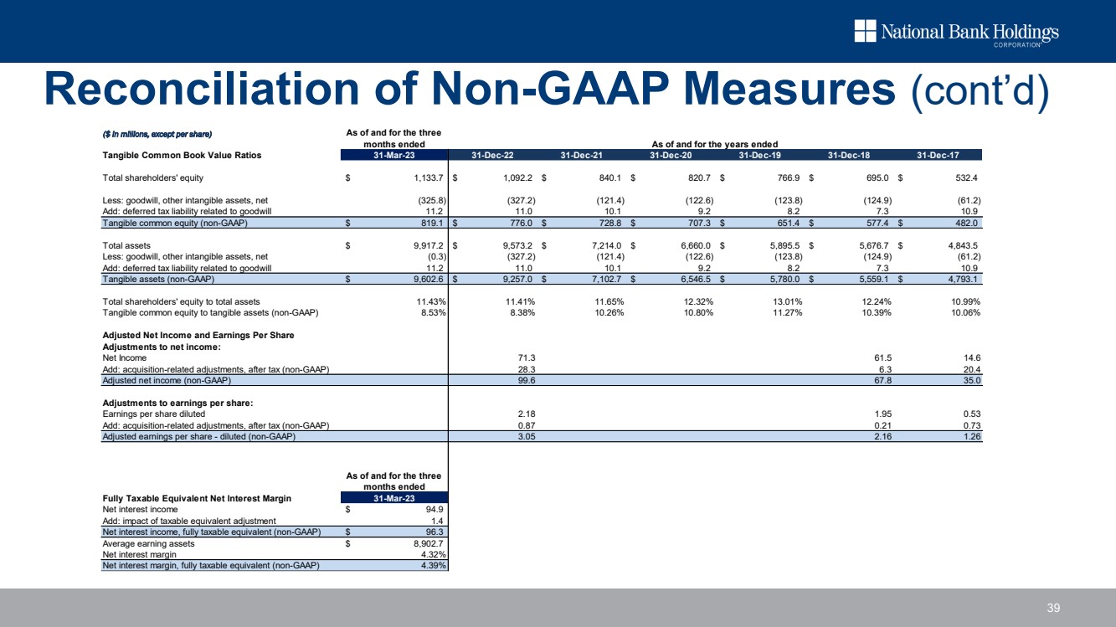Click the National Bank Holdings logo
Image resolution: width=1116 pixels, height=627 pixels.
point(956,33)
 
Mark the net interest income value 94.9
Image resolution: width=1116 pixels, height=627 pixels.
point(433,509)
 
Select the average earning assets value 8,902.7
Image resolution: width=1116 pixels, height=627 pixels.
point(424,543)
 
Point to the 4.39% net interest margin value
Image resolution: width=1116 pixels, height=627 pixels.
point(429,565)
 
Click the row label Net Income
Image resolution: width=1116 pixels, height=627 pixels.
point(124,357)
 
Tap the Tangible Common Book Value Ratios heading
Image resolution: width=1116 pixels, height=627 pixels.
point(182,155)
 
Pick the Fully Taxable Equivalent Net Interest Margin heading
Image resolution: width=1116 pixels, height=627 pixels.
point(197,498)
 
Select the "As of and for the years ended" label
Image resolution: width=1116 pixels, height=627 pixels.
point(714,144)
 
